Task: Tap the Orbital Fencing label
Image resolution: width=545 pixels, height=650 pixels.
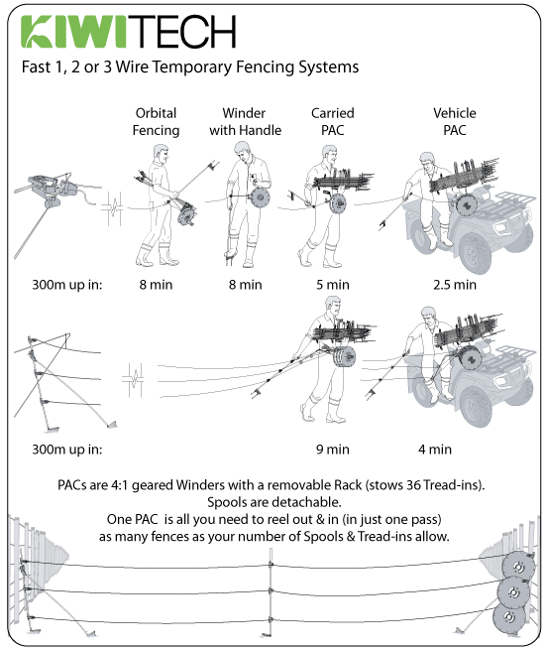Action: [157, 122]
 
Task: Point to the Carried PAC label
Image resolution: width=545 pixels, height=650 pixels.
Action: [332, 122]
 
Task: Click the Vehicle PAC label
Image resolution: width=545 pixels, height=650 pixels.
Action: [455, 122]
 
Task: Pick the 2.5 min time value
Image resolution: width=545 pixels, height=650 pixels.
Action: [455, 285]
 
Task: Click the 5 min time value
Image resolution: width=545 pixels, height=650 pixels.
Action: [332, 285]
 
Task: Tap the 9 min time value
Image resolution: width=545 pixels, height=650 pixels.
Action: [332, 449]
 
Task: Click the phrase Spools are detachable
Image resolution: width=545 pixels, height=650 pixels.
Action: [272, 502]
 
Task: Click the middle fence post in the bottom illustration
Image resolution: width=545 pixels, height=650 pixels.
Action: [270, 595]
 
